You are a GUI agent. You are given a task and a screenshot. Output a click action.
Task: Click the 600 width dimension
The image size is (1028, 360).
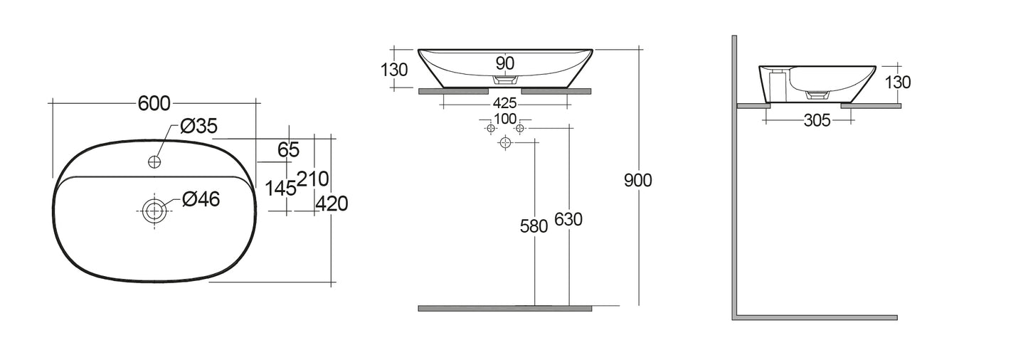coord(154,103)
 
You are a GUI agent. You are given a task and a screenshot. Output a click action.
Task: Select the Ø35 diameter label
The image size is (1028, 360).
coord(198,127)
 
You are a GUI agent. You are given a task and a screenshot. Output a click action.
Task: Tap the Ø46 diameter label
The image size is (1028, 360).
coord(201,200)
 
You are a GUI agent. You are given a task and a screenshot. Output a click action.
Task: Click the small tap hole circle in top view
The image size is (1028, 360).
coord(153,162)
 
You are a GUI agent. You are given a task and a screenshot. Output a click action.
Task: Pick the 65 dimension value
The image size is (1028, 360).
coord(288,150)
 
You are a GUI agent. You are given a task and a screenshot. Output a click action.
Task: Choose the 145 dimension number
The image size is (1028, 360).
coord(280,189)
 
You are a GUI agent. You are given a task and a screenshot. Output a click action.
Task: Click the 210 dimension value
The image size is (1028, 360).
coord(312,179)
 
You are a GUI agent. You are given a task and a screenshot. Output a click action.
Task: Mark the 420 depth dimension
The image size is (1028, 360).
coord(332,204)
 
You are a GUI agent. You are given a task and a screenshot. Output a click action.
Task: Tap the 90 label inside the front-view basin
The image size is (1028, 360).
coord(504,63)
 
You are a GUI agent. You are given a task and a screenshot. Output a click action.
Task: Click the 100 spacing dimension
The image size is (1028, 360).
coord(504,118)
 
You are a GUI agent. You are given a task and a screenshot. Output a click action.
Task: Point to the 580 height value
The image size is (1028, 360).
coord(534,226)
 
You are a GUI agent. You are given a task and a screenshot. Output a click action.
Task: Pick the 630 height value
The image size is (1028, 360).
coord(568,221)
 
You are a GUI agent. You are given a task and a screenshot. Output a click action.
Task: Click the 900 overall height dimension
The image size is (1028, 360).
coord(638,181)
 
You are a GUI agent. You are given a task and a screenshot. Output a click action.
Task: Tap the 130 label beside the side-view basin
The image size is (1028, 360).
coord(897,83)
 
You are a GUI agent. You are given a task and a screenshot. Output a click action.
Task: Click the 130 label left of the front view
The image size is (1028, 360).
coord(394,70)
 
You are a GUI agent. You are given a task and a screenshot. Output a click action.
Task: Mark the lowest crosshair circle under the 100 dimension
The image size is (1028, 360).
coord(505,143)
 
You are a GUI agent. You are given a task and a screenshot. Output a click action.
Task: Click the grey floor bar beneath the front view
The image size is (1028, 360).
coord(504,308)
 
